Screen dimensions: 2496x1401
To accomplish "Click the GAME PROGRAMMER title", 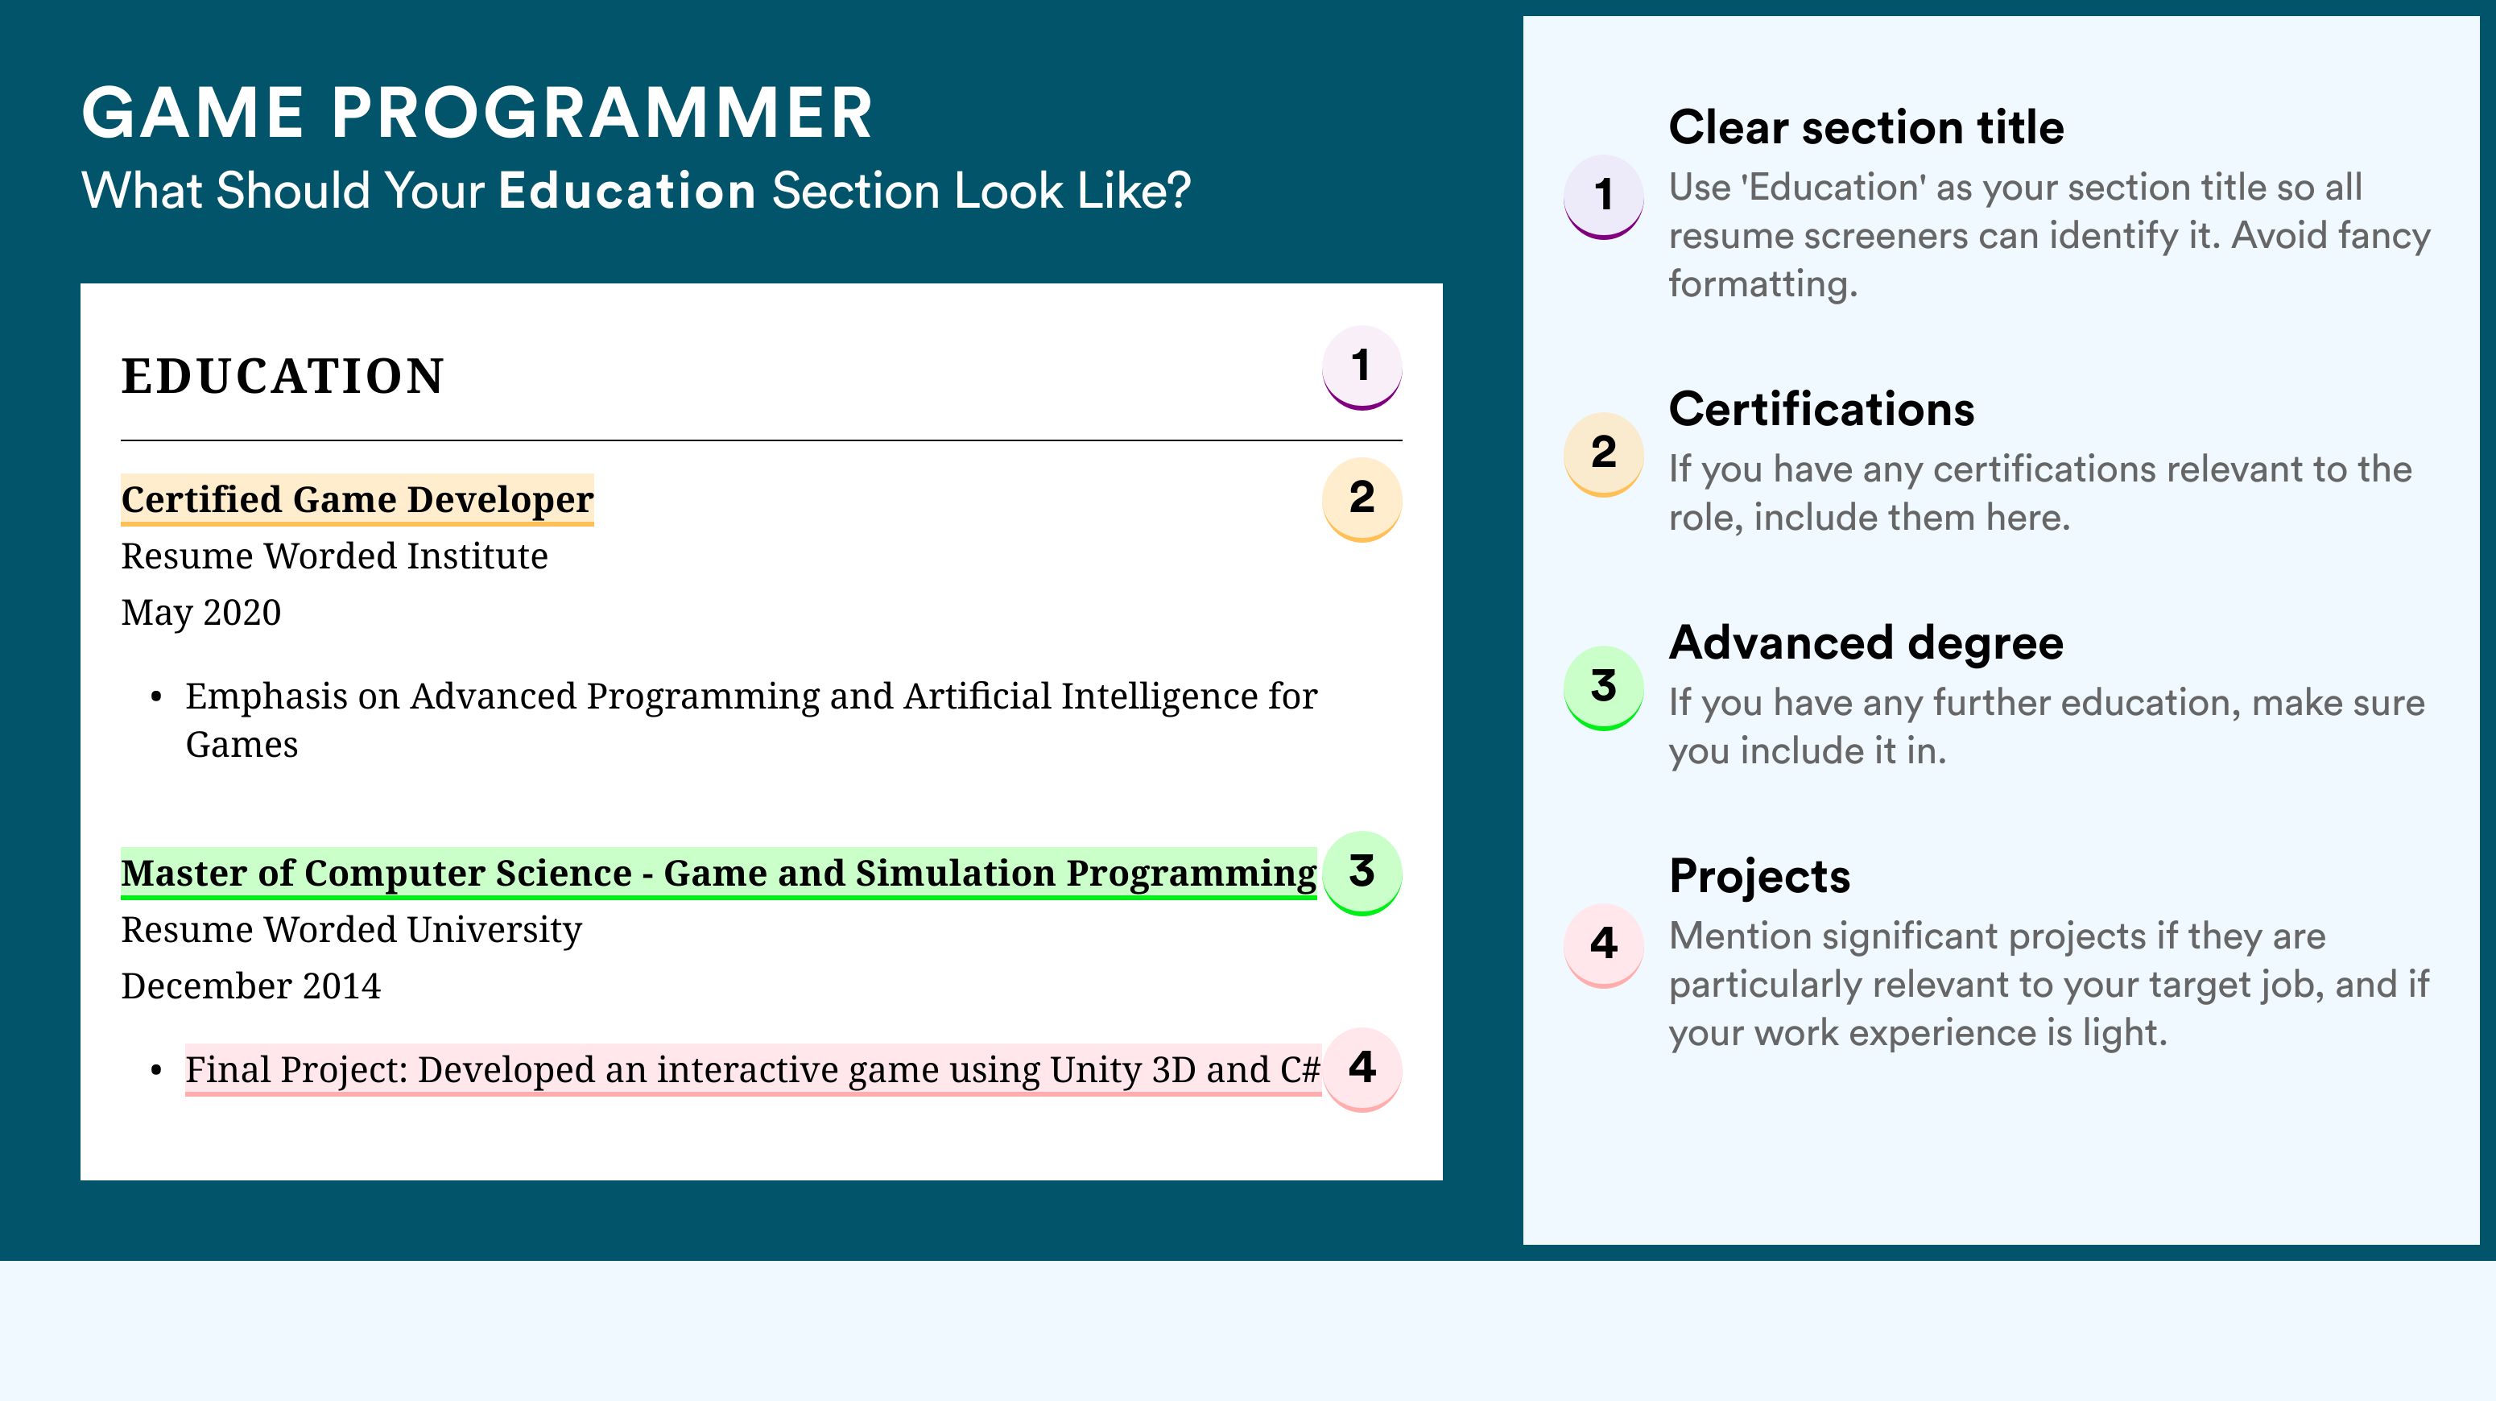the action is (x=477, y=114).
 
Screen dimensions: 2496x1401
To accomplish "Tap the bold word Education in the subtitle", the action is (x=627, y=190).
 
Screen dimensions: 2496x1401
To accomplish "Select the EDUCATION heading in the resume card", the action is (x=282, y=376).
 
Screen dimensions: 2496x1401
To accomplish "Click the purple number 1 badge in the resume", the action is (x=1362, y=367).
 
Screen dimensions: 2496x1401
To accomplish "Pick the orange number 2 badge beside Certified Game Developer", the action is (x=1362, y=499).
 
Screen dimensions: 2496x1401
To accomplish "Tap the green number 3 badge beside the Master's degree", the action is (x=1362, y=873).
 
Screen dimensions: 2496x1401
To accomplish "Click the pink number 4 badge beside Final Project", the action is (x=1362, y=1069).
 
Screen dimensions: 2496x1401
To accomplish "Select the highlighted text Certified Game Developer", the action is (x=357, y=500).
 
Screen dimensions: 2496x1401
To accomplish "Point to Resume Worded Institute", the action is (x=334, y=556).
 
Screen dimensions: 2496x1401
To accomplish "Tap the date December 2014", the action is (x=251, y=986).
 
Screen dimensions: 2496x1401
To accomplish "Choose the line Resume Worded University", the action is (x=351, y=930).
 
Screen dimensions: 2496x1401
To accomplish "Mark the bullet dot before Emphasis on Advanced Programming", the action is (x=156, y=697).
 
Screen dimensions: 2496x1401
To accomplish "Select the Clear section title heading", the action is (x=1866, y=127).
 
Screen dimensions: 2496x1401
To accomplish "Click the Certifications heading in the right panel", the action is (x=1821, y=409).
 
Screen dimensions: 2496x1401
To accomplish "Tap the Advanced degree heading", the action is (x=1866, y=643).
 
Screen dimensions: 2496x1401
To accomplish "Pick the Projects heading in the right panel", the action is (x=1759, y=876).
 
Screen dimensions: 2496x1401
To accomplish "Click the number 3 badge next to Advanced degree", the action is (x=1604, y=687).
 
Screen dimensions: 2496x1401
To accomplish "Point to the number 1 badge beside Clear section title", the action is (x=1604, y=196).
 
